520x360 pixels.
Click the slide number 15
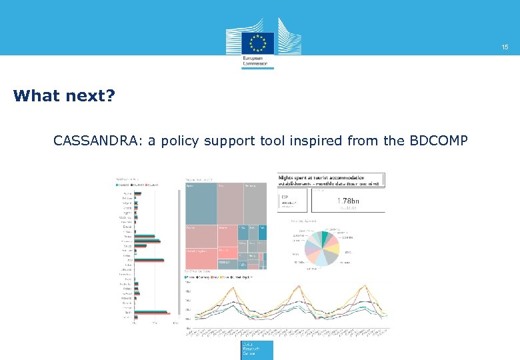tap(505, 47)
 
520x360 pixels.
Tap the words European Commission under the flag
tap(257, 62)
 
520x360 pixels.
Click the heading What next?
tap(64, 96)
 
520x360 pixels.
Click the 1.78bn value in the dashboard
tap(348, 201)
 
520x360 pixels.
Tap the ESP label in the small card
tap(285, 197)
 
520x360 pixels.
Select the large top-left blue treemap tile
tap(201, 203)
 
